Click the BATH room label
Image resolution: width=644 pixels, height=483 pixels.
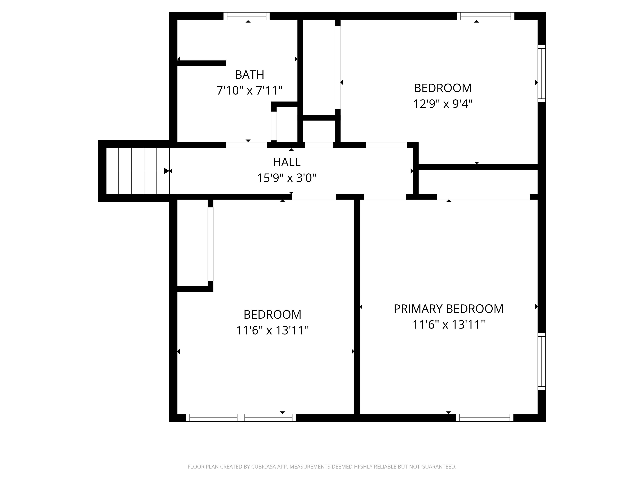point(249,75)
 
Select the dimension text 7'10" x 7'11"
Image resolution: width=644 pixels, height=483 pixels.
point(249,91)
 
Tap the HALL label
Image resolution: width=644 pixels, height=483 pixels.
point(287,162)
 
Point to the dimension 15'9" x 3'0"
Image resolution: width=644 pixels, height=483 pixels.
point(287,178)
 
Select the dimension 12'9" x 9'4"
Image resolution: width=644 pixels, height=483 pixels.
point(443,104)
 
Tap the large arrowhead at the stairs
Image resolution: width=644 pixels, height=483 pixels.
point(166,171)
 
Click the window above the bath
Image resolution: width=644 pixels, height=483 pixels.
point(247,16)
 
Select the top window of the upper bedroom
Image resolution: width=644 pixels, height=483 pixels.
point(486,16)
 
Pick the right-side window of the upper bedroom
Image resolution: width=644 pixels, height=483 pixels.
point(541,74)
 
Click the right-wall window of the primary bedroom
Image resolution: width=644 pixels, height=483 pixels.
point(541,361)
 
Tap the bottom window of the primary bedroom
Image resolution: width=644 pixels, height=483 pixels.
point(485,418)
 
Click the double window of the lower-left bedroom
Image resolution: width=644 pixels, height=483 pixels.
point(241,418)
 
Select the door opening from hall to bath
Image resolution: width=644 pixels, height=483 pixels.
point(246,145)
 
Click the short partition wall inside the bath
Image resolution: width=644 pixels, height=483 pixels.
point(201,63)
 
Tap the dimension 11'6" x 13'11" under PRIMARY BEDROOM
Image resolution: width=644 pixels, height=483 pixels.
point(448,325)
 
